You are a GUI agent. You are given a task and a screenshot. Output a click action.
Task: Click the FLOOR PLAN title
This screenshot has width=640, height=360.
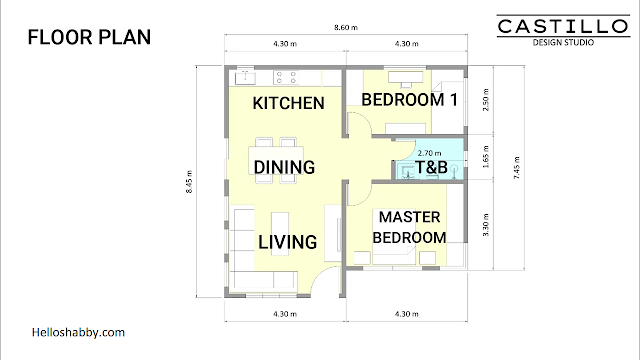click(89, 37)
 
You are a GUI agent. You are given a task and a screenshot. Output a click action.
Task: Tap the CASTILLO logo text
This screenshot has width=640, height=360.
click(563, 27)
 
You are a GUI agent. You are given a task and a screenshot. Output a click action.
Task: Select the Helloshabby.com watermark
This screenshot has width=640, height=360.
click(78, 332)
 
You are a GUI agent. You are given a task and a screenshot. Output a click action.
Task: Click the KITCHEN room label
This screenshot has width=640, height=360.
click(289, 103)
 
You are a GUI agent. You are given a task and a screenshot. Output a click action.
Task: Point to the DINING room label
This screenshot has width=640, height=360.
click(284, 167)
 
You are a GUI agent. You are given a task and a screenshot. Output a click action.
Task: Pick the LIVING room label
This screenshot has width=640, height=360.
click(287, 242)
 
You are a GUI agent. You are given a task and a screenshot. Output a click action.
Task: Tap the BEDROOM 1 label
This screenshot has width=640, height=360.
click(409, 100)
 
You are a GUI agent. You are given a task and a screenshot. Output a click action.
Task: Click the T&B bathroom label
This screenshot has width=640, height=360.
click(431, 167)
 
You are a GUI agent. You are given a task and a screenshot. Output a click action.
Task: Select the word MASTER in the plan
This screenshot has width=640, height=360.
click(409, 217)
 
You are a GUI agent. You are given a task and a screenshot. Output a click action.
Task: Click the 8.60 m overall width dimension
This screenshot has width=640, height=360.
click(346, 28)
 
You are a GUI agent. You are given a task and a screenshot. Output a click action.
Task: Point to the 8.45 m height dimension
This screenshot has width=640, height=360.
click(189, 182)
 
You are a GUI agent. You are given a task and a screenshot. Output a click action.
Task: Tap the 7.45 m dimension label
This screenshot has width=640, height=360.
click(517, 168)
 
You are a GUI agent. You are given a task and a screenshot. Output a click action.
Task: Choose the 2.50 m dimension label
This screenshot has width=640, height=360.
click(486, 100)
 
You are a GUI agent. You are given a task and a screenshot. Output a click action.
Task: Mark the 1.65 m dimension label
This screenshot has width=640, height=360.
click(486, 157)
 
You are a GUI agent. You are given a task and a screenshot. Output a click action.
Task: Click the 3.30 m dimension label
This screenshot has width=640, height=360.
click(486, 225)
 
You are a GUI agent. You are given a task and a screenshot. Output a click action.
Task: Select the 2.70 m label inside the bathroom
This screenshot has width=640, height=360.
click(429, 153)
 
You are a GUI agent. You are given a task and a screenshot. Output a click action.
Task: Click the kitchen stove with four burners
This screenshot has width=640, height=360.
click(286, 78)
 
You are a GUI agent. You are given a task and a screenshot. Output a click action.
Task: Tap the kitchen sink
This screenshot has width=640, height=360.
click(245, 78)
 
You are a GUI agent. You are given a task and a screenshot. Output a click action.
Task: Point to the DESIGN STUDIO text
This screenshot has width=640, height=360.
click(563, 42)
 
